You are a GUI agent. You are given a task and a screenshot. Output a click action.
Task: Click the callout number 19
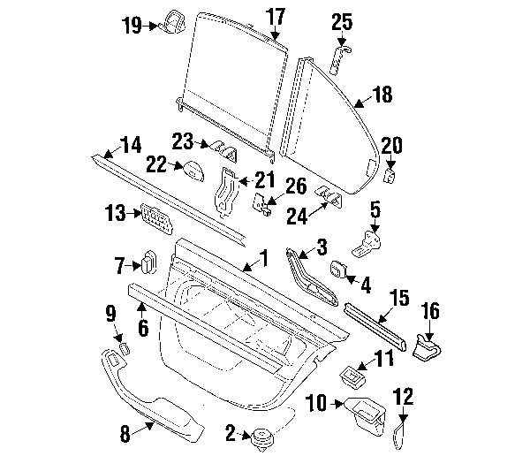point(132,25)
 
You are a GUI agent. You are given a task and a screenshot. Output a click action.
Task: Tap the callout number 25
point(342,23)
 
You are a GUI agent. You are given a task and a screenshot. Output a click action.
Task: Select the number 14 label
point(129,143)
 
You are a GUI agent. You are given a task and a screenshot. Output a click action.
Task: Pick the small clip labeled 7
point(148,262)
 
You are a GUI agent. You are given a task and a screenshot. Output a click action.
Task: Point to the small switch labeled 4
point(339,270)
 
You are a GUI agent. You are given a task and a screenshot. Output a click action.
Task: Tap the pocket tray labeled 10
point(366,410)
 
